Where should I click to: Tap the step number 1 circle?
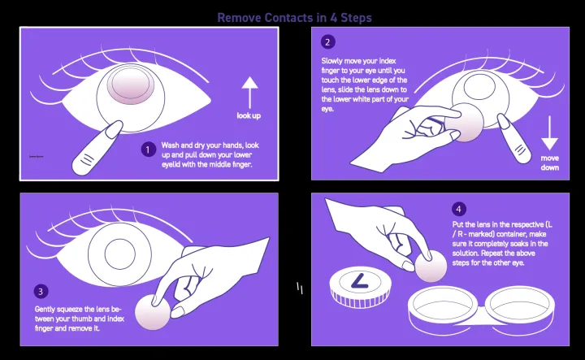pyautogui.click(x=148, y=149)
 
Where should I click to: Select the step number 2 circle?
pyautogui.click(x=327, y=42)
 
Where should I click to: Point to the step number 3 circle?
pyautogui.click(x=41, y=291)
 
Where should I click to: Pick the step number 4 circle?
pyautogui.click(x=461, y=208)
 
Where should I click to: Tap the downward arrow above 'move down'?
pyautogui.click(x=550, y=130)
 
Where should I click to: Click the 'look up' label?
pyautogui.click(x=249, y=115)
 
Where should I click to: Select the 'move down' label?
pyautogui.click(x=550, y=163)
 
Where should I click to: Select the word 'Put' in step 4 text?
pyautogui.click(x=457, y=223)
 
